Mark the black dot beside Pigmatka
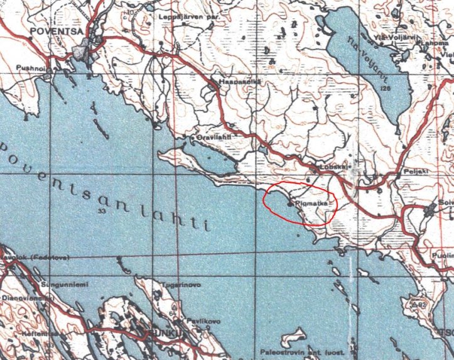pyautogui.click(x=289, y=204)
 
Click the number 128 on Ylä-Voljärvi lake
pyautogui.click(x=385, y=89)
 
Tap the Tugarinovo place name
pyautogui.click(x=181, y=285)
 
